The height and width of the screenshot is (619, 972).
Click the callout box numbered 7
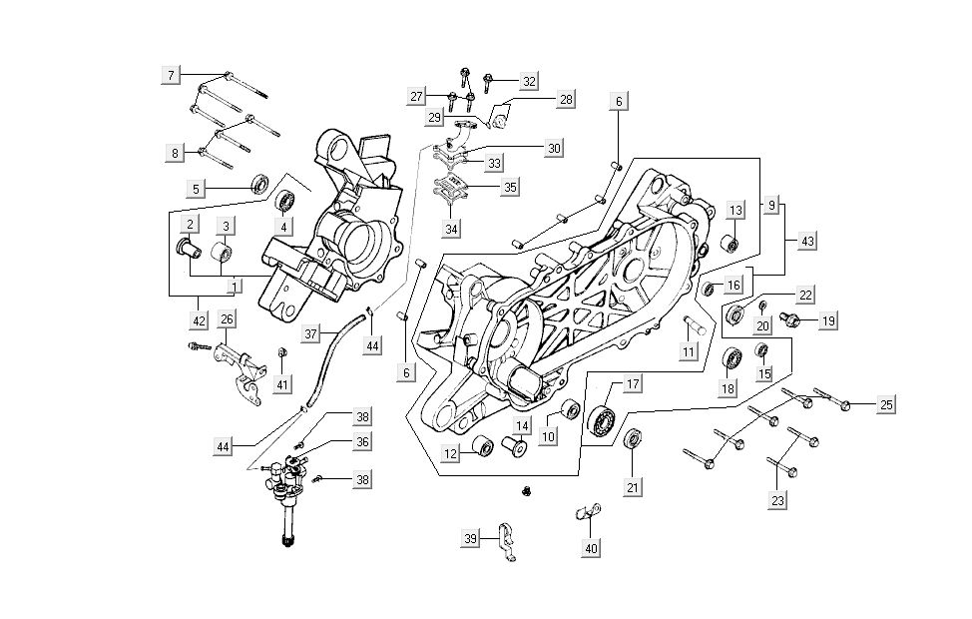(171, 75)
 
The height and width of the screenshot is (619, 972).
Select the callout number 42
(200, 320)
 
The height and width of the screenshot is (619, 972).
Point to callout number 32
(529, 81)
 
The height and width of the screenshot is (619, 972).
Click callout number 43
(807, 242)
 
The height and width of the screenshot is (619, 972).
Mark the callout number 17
(632, 383)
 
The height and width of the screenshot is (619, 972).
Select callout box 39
(470, 539)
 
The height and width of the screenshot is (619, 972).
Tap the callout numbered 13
(735, 211)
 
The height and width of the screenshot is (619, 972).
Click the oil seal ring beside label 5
(232, 184)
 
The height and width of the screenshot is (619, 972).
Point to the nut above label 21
(631, 440)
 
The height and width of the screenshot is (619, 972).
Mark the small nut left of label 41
(281, 351)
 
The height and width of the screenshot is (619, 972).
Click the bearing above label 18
(731, 357)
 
